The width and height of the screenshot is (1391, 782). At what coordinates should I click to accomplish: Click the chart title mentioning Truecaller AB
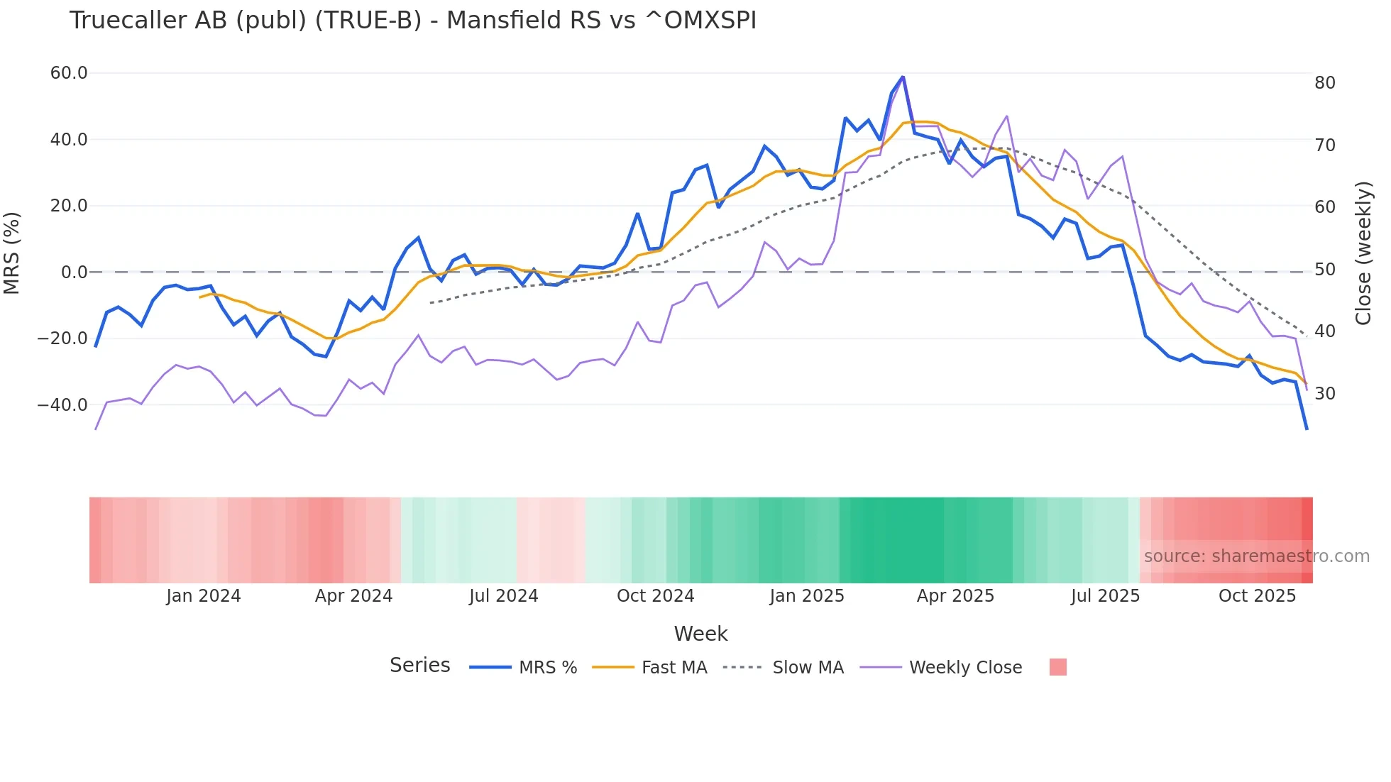tap(412, 21)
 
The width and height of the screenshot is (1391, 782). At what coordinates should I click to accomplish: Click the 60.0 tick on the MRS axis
tap(69, 73)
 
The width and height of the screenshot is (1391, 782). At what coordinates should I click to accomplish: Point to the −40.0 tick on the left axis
tap(62, 405)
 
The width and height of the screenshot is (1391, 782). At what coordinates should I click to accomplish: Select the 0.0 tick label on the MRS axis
tap(74, 272)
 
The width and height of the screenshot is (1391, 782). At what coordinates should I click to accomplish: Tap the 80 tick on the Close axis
tap(1324, 83)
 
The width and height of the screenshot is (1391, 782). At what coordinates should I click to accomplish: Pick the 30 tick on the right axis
tap(1324, 394)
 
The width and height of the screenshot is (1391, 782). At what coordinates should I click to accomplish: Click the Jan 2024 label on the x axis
tap(204, 596)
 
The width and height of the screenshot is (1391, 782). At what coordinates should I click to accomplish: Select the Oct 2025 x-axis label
tap(1257, 596)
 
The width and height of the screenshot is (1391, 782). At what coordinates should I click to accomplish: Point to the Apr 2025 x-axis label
tap(955, 596)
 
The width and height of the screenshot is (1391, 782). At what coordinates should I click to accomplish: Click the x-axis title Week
tap(700, 634)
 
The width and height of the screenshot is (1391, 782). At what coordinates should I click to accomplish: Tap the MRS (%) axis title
tap(12, 253)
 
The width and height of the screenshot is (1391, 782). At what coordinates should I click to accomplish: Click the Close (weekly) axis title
tap(1363, 253)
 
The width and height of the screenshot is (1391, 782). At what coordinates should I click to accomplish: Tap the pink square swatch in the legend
tap(1057, 667)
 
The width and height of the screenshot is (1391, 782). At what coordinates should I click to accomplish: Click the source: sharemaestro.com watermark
tap(1256, 556)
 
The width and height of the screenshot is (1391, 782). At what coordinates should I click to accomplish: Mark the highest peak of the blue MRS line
tap(903, 77)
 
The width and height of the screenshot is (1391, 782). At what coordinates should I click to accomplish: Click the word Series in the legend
tap(419, 666)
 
